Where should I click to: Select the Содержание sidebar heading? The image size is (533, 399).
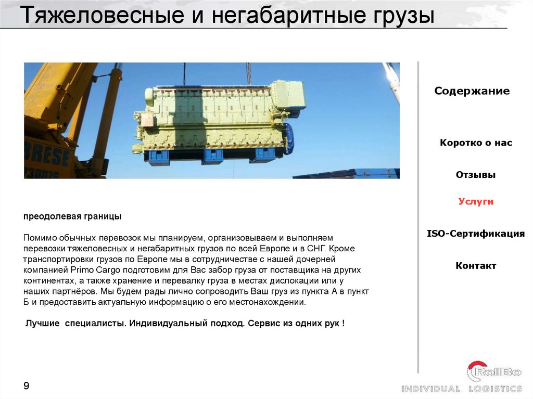click(472, 92)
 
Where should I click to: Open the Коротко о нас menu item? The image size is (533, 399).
click(476, 143)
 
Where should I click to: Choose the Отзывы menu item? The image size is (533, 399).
click(476, 175)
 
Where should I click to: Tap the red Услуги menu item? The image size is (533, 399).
click(476, 202)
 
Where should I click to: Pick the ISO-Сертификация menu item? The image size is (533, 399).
click(476, 234)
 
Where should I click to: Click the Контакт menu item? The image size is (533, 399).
click(476, 266)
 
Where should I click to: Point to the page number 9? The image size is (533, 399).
click(26, 385)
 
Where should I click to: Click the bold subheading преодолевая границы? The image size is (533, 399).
click(72, 216)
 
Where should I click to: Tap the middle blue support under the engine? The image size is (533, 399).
click(212, 156)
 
